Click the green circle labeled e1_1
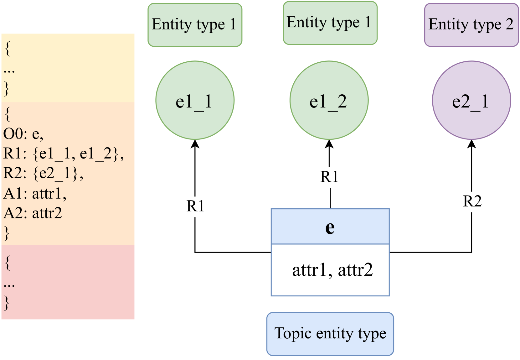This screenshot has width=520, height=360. tap(195, 100)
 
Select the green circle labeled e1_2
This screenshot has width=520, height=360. tap(329, 100)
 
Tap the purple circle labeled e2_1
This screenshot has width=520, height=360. tap(471, 100)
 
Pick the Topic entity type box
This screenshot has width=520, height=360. tap(330, 334)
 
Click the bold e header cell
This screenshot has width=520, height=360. tap(330, 227)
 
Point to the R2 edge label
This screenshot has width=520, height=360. tap(472, 201)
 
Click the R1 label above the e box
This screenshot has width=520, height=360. tap(329, 177)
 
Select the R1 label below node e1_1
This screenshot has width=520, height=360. tap(195, 206)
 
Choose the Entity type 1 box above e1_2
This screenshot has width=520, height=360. tap(330, 23)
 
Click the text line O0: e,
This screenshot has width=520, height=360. tap(23, 134)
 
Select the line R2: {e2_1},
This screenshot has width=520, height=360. tap(43, 173)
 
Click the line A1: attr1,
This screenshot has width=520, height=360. tap(35, 193)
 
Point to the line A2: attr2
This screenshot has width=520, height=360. tap(33, 213)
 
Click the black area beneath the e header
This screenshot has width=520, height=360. tap(330, 270)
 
